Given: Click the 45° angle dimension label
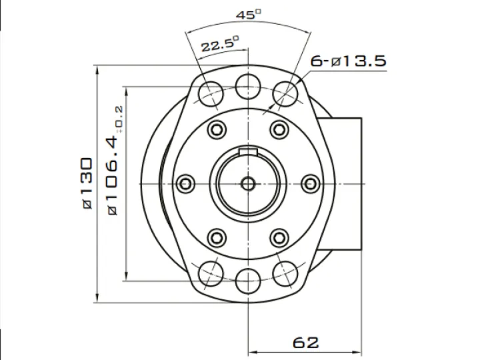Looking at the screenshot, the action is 249,15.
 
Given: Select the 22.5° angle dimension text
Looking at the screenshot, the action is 220,44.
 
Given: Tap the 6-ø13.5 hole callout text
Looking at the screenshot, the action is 349,61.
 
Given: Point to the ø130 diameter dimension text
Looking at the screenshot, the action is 87,183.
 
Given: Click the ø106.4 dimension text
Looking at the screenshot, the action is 112,176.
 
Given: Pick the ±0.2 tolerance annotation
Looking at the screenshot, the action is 119,119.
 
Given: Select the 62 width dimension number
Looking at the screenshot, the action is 305,343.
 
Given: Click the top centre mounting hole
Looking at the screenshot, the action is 248,87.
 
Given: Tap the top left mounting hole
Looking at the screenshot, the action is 211,94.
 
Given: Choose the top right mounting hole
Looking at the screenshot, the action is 285,94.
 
